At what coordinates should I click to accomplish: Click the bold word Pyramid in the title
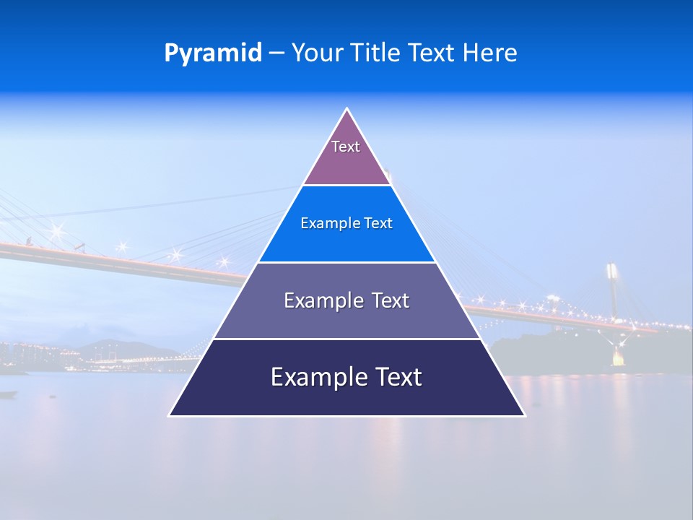tap(213, 53)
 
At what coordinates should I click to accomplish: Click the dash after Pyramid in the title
tap(276, 53)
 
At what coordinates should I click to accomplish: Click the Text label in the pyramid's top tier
tap(346, 147)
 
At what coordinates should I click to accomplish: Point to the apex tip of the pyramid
tap(347, 109)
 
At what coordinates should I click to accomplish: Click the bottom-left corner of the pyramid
tap(170, 415)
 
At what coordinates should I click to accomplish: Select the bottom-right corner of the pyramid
tap(524, 415)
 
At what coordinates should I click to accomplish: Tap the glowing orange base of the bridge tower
tap(618, 357)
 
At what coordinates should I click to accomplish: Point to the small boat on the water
tap(9, 394)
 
